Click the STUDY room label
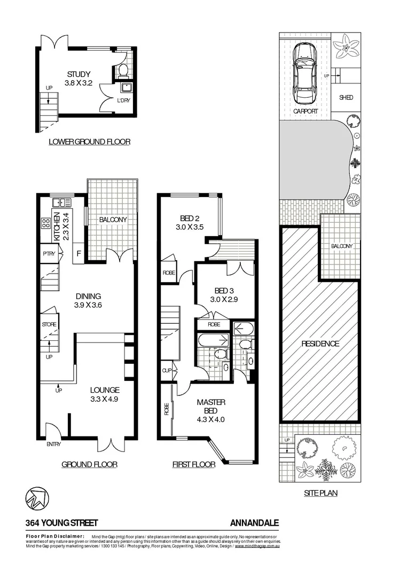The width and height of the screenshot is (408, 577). coord(79,74)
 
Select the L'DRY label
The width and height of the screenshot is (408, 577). coord(124,100)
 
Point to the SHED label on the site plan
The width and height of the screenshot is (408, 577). coord(346,98)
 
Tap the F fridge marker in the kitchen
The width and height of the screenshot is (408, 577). coord(80,253)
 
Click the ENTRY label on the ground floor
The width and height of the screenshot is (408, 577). coord(54,444)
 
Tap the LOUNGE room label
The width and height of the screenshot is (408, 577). coord(104,390)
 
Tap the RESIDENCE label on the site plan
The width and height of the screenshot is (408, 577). coord(319,344)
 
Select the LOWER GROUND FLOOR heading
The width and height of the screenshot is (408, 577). coord(89,142)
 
